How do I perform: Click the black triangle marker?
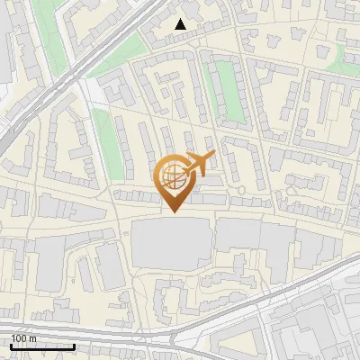pos(181,25)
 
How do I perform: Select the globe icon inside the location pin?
pos(173,177)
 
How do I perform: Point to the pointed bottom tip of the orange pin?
pos(174,211)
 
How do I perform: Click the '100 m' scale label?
pos(24,338)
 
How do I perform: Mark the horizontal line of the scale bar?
pos(42,346)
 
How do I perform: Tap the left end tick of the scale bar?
pos(11,345)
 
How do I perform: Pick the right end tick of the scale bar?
pos(74,345)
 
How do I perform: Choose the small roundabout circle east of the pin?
pos(241,187)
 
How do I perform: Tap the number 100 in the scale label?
pos(20,338)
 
